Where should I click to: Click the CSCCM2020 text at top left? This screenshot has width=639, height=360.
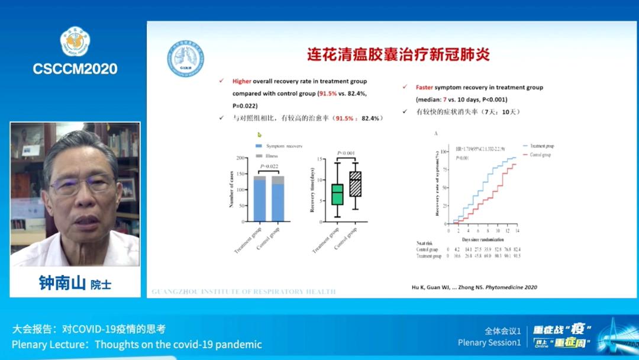click(x=75, y=68)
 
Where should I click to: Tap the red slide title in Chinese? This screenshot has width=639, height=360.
click(x=398, y=55)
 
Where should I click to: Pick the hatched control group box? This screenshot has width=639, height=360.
click(x=355, y=184)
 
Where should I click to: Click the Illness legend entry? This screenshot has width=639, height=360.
click(x=273, y=155)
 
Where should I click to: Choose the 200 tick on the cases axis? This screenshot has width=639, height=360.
click(x=241, y=158)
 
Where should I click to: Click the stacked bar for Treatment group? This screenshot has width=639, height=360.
click(x=260, y=199)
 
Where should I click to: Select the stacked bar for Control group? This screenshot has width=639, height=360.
click(x=277, y=199)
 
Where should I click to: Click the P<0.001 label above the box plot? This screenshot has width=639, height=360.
click(x=346, y=153)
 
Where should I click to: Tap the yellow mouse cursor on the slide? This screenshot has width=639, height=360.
click(x=259, y=135)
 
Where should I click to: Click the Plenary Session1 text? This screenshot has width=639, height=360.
click(x=489, y=343)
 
